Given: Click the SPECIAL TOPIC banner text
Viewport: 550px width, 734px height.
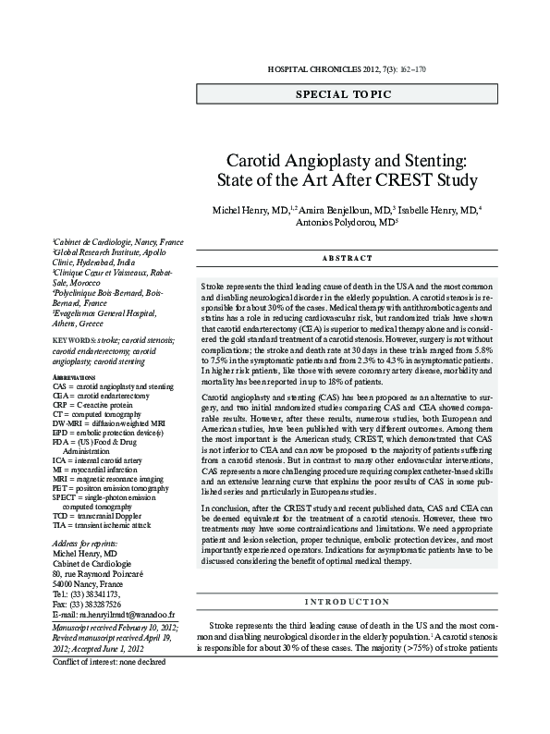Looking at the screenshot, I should [x=343, y=94].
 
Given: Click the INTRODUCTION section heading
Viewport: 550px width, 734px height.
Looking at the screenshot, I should [x=348, y=575].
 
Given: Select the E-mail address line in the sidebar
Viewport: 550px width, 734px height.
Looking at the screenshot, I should [x=115, y=613].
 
